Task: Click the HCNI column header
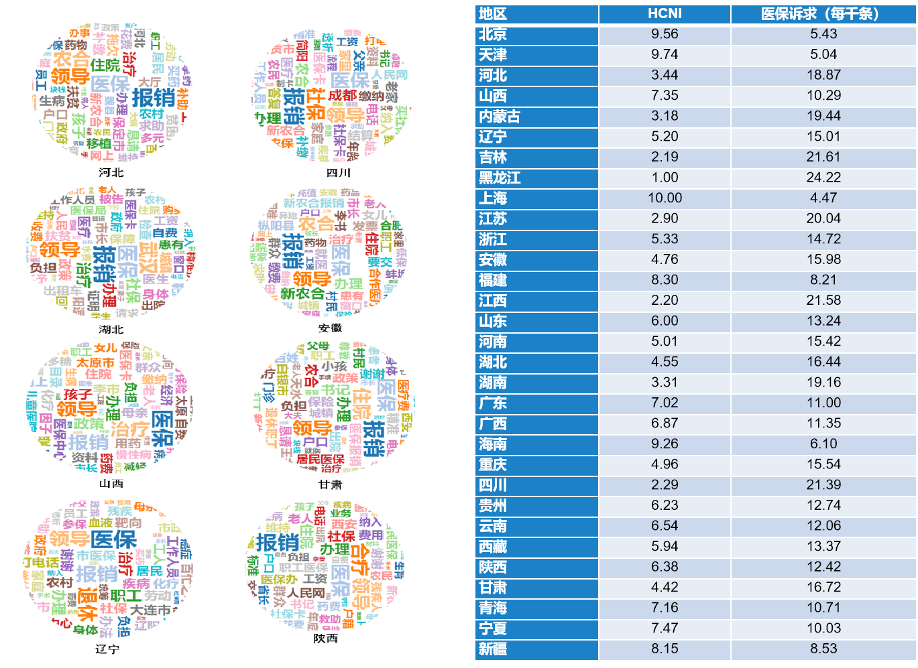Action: tap(665, 14)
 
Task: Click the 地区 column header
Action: tap(493, 14)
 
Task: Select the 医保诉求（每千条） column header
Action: tap(823, 14)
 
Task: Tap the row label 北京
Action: tap(493, 34)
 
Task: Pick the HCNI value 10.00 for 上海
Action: tap(665, 198)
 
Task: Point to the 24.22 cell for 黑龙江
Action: tap(823, 178)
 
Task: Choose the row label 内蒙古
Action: tap(500, 117)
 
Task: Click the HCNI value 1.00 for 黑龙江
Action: tap(665, 178)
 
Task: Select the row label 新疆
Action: tap(493, 649)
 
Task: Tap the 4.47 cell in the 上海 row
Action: tap(823, 198)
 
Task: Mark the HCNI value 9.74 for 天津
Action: tap(665, 55)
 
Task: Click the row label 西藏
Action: tap(493, 547)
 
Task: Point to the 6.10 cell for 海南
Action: tap(823, 444)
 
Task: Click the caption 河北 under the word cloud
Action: tap(111, 173)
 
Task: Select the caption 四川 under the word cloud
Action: tap(338, 173)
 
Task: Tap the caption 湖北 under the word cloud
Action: tap(111, 330)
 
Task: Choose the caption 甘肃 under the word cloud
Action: tap(330, 484)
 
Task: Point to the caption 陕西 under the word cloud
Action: tap(326, 639)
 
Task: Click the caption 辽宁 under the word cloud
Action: tap(107, 649)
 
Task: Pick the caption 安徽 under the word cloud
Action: tap(330, 328)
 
